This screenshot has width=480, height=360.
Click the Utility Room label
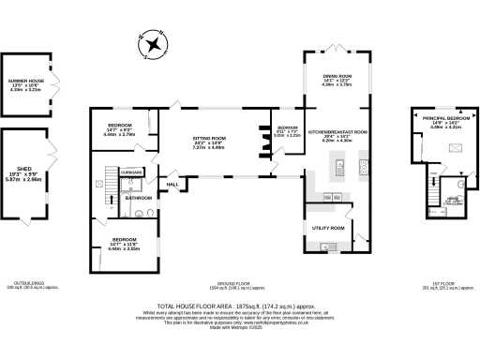pos(327,228)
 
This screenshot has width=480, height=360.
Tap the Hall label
pos(173,185)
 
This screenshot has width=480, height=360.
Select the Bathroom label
pos(140,198)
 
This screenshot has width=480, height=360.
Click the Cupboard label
pos(132,172)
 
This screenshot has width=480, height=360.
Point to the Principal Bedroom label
pos(439,118)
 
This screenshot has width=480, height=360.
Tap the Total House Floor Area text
pos(239,306)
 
